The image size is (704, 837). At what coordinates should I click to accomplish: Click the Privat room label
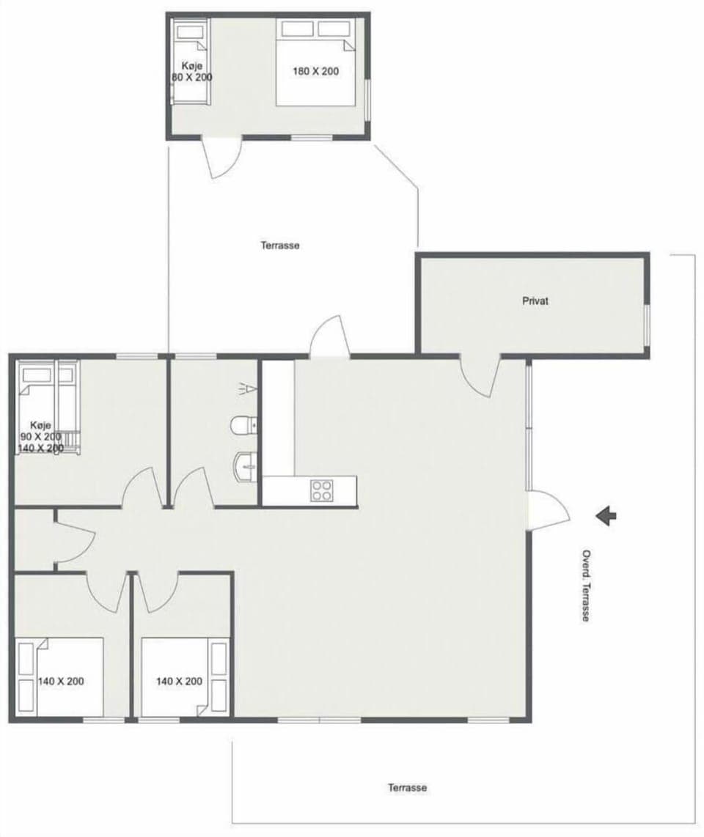coord(535,300)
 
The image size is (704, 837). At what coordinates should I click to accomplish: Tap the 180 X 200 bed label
coord(316,72)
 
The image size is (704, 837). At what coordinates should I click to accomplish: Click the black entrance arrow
coord(606,516)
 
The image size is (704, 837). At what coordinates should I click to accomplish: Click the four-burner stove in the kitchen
coord(322,490)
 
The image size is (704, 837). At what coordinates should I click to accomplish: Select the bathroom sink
coord(244,465)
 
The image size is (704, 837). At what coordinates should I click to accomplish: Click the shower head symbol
coord(249,388)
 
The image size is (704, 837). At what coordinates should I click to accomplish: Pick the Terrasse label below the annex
coord(280,246)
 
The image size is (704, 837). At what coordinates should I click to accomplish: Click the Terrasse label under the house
coord(407,788)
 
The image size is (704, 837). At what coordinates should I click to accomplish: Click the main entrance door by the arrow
coord(549,510)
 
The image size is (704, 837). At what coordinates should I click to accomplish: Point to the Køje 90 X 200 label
coord(41,436)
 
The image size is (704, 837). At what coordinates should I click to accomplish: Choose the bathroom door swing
coord(191,487)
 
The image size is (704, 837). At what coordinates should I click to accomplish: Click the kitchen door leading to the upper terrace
coord(329,336)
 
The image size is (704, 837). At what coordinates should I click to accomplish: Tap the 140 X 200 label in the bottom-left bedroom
coord(61,681)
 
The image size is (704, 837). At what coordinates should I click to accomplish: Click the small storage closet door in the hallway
coord(76,539)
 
